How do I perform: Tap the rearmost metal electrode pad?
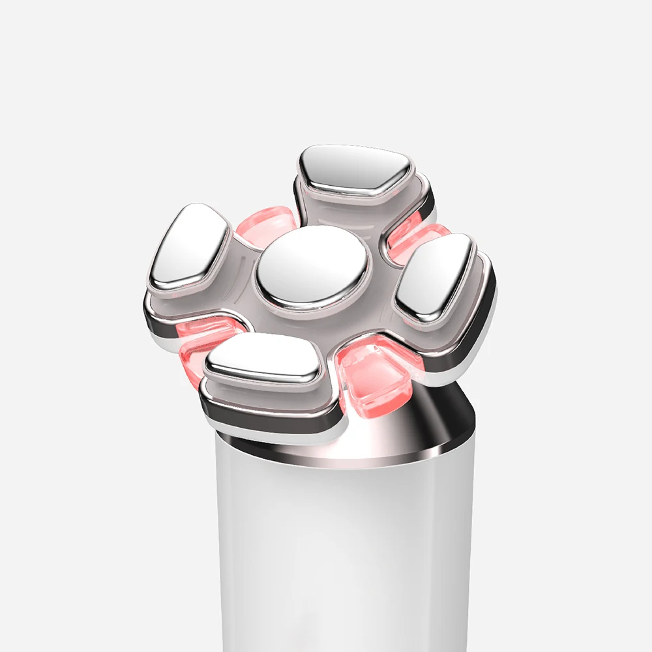click(355, 170)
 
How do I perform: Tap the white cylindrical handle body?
click(346, 554)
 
